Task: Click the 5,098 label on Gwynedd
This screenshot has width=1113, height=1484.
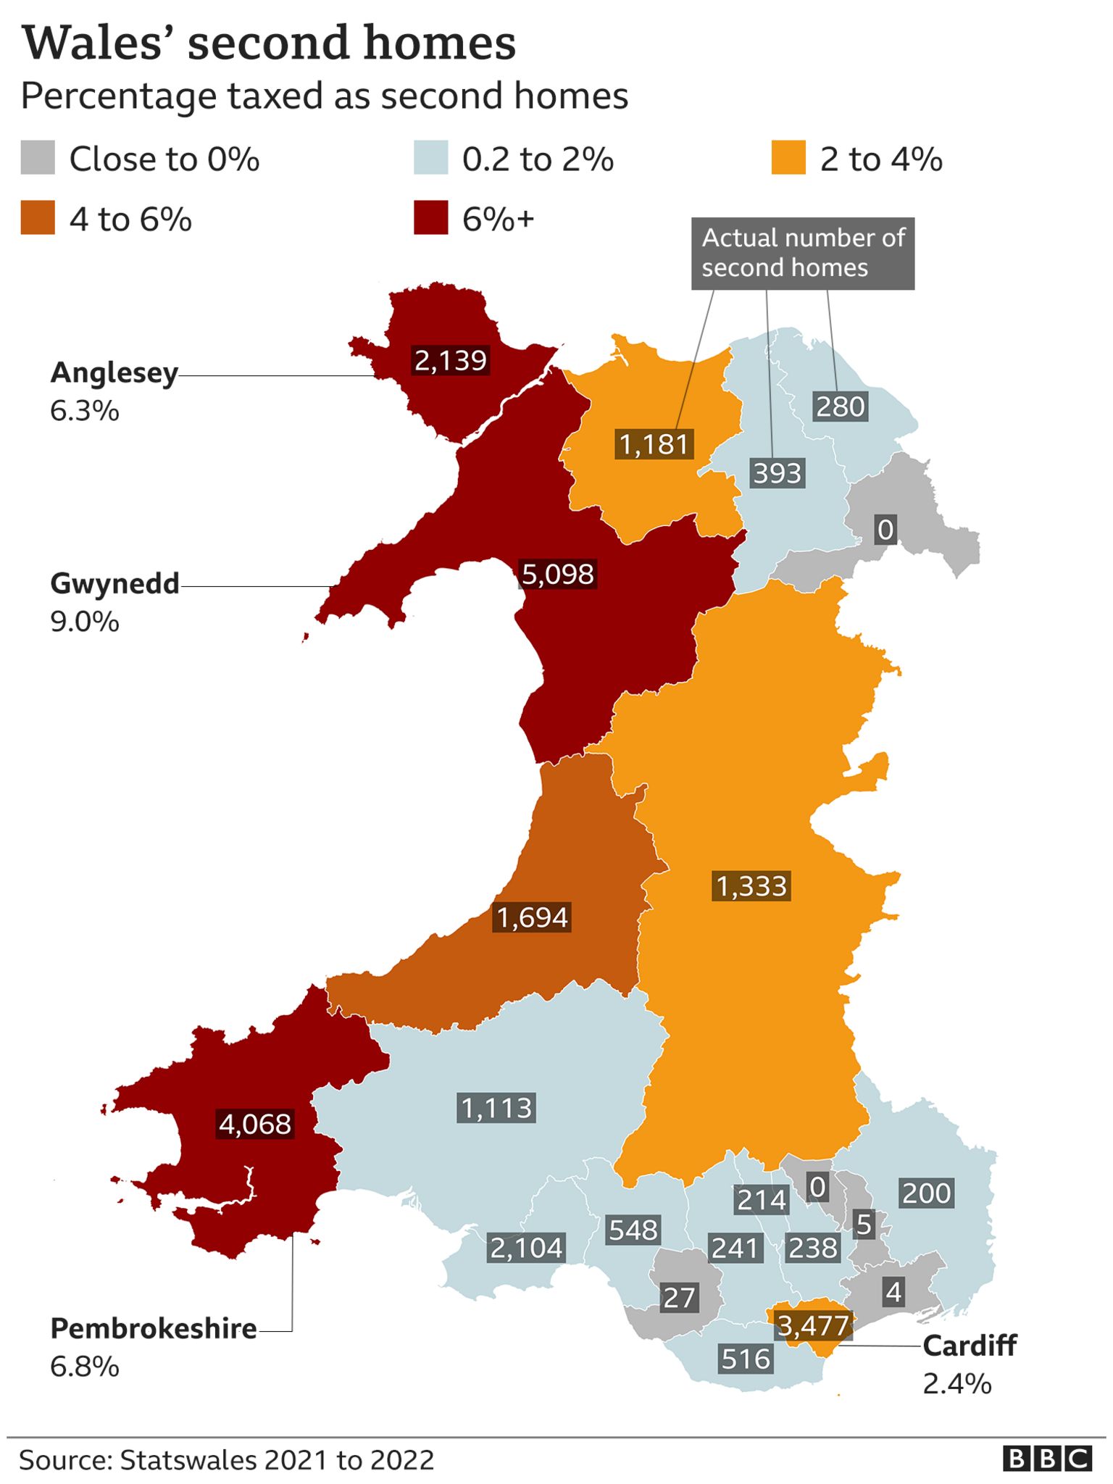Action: coord(557,574)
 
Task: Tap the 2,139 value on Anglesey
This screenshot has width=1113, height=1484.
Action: coord(450,360)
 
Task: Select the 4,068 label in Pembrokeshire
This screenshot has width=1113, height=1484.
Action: coord(255,1124)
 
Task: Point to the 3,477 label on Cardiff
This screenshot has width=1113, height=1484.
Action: coord(812,1326)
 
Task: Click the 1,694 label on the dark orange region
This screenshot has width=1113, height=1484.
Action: coord(532,917)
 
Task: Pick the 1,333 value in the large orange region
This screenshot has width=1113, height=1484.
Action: coord(751,886)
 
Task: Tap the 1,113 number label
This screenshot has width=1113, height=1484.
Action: coord(496,1108)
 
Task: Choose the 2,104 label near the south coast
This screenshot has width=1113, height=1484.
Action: coord(526,1248)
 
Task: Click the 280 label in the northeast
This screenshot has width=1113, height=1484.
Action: coord(840,407)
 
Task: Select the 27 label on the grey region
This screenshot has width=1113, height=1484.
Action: coord(679,1298)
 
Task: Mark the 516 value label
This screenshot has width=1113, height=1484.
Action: coord(746,1359)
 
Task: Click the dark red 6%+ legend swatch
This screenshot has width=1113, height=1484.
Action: coord(430,218)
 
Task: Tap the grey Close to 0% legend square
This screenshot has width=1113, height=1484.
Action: coord(38,158)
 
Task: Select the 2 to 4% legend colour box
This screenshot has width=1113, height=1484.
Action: coord(788,158)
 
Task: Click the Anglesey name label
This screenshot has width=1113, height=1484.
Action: coord(114,372)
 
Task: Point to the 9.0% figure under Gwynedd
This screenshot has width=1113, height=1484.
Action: coord(84,622)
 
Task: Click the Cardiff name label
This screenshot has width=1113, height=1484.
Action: coord(969,1346)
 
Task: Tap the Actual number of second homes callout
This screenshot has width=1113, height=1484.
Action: coord(802,253)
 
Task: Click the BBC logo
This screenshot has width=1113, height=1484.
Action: coord(1047,1459)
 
